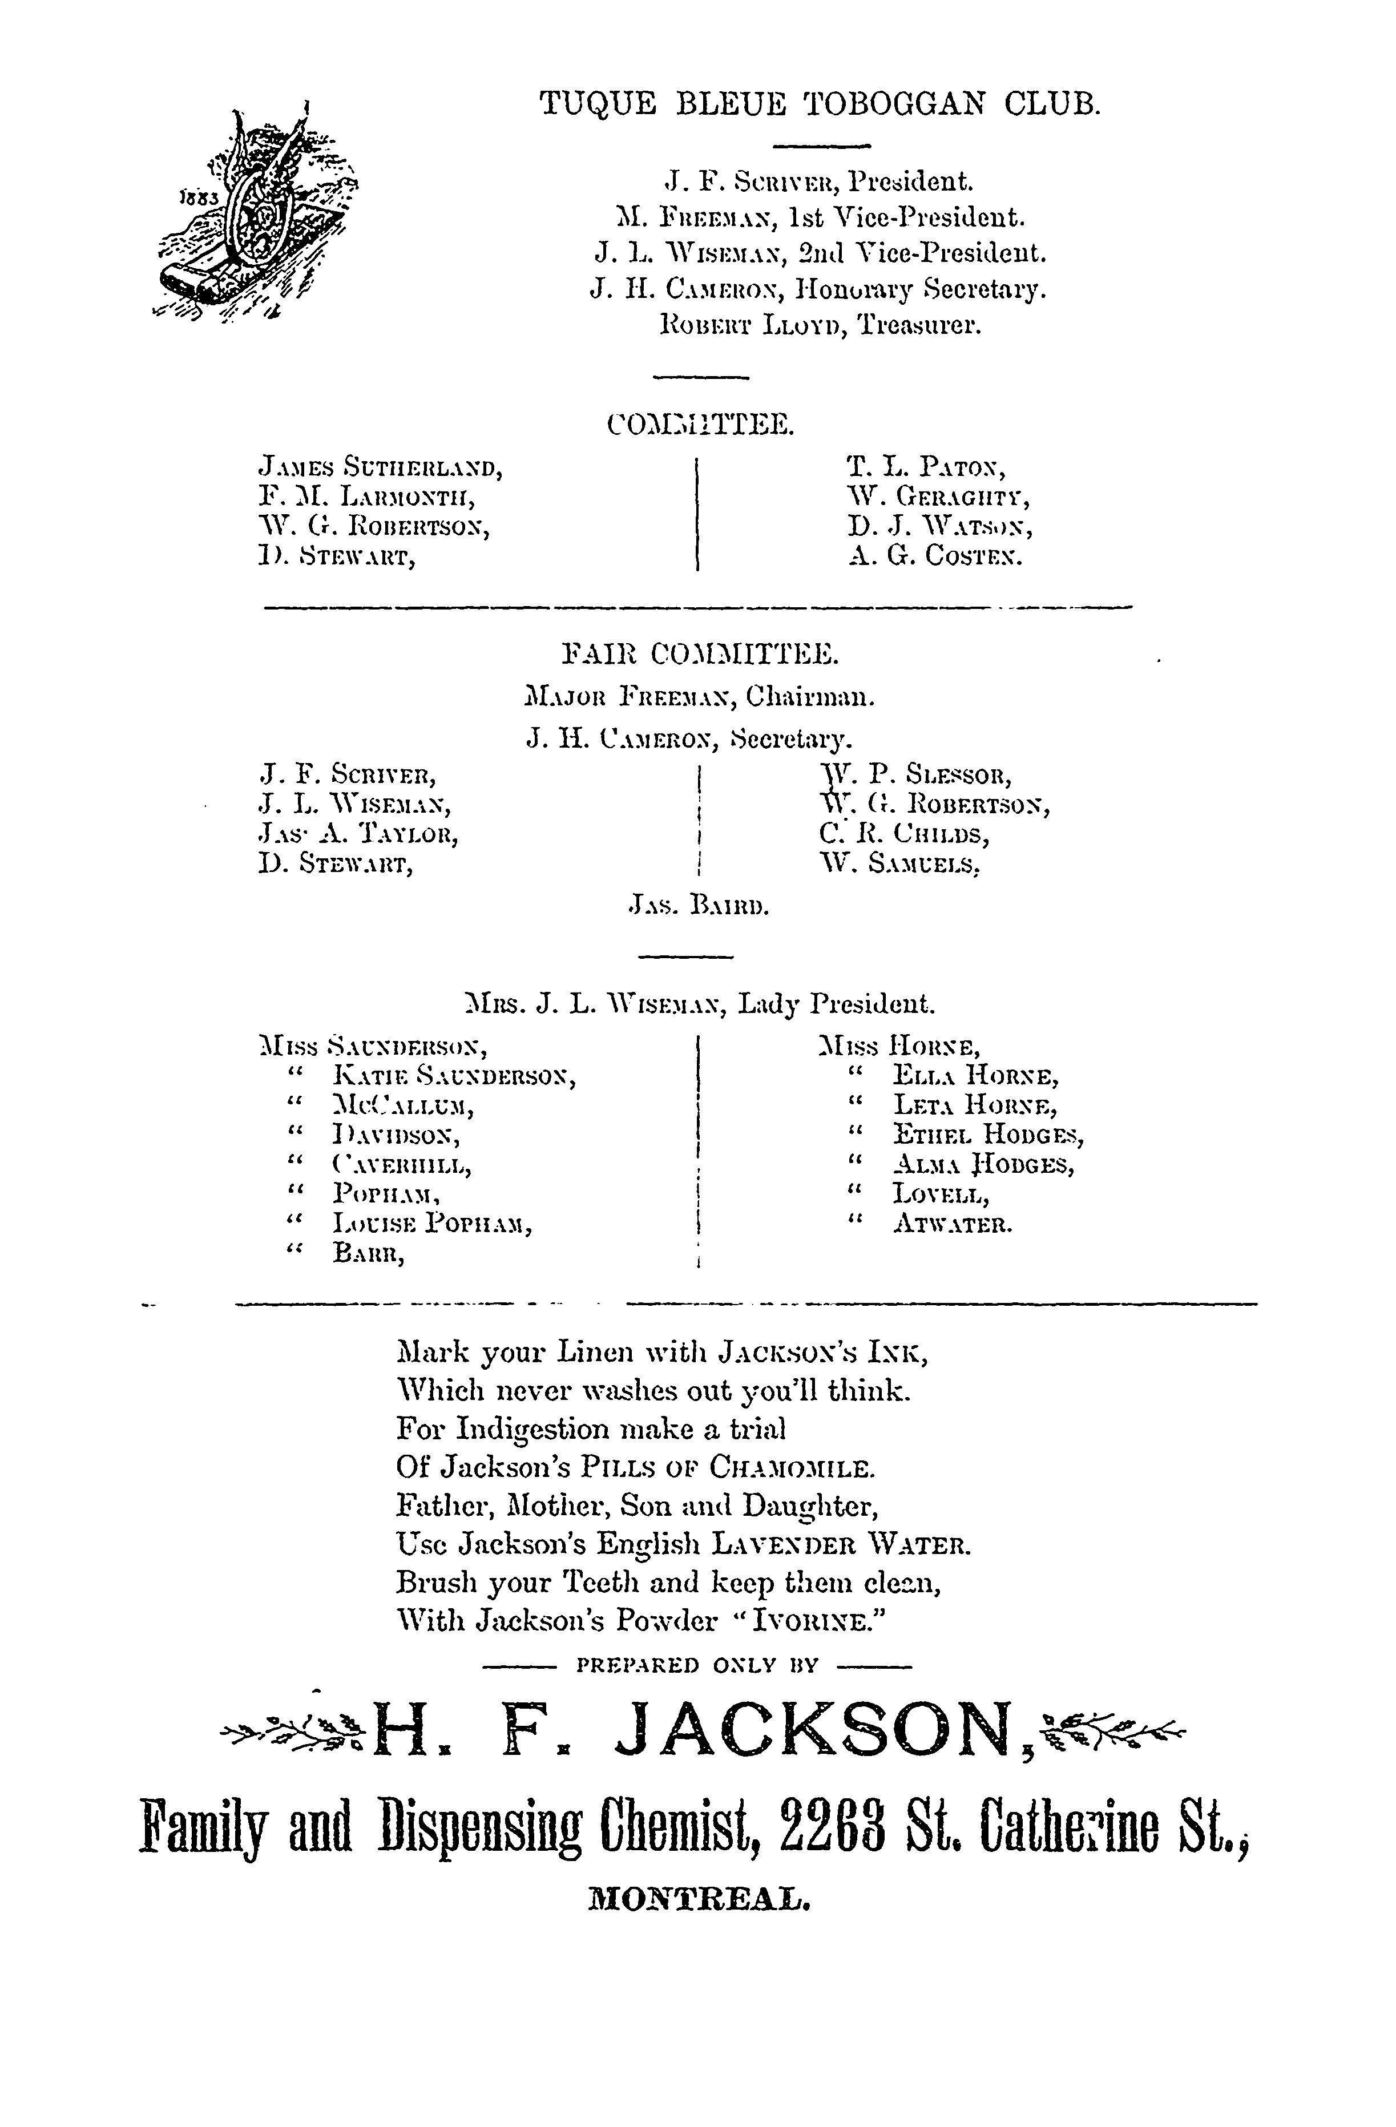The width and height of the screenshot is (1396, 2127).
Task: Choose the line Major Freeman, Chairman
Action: coord(700,696)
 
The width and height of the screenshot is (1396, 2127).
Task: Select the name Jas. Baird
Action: coord(699,907)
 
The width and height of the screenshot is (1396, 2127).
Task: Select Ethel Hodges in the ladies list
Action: coord(989,1136)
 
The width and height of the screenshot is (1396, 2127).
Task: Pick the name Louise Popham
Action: coord(433,1225)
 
